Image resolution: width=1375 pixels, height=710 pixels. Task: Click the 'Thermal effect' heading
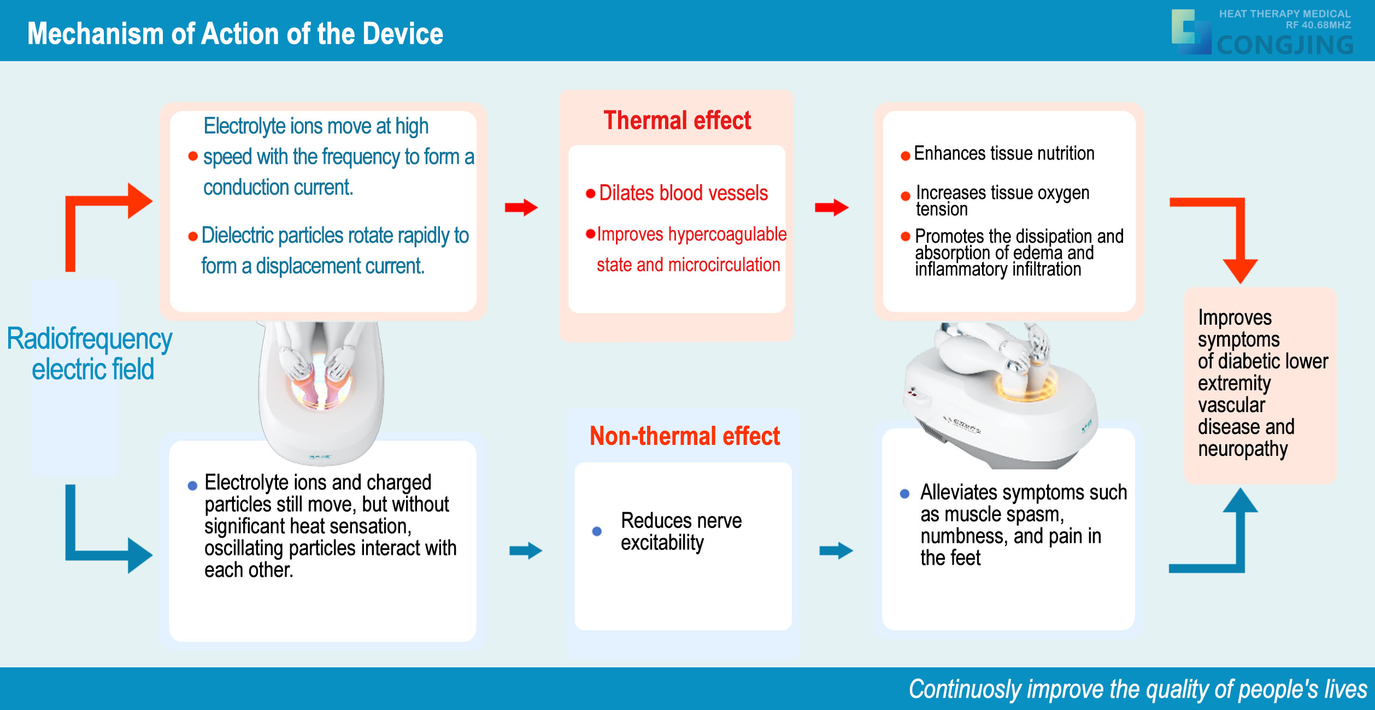(677, 120)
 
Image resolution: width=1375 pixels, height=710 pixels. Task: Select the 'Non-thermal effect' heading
(685, 436)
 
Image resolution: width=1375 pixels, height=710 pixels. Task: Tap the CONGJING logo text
(1285, 45)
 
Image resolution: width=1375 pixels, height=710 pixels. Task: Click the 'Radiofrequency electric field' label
(90, 354)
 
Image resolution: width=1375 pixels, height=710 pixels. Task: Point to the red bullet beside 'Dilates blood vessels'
(590, 193)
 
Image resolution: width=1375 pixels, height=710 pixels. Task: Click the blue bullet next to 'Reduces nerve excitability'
(597, 531)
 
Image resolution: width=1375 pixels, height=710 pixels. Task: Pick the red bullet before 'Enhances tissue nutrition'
(905, 156)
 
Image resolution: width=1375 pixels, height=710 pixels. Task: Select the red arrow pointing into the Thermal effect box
(521, 207)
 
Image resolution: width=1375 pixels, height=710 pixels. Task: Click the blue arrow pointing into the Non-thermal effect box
(526, 550)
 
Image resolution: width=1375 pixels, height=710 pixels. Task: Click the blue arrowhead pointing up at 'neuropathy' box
(1240, 500)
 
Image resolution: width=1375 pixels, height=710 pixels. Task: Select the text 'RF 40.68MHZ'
(1318, 25)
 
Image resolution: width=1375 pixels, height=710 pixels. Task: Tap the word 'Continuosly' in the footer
(965, 689)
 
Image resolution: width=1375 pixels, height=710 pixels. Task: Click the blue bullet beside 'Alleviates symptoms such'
(904, 494)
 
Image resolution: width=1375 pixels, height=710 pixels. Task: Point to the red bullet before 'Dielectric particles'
(192, 237)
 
